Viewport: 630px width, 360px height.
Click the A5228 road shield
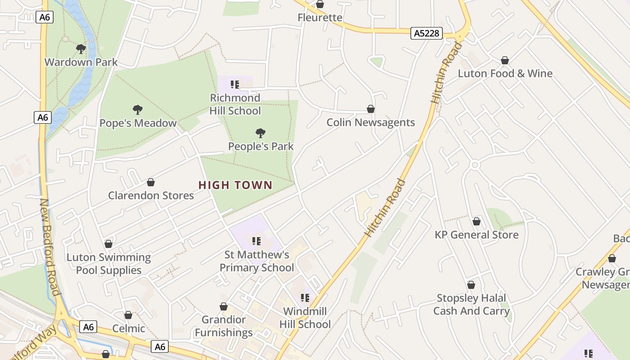point(427,33)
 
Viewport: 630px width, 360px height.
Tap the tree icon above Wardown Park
point(81,49)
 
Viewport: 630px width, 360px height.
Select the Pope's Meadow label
point(138,123)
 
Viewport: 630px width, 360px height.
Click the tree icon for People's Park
point(260,133)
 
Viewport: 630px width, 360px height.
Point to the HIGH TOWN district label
point(235,185)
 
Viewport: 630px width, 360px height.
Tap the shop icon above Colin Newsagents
point(371,109)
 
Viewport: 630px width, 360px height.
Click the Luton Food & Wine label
point(505,73)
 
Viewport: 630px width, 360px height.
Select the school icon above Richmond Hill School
point(234,84)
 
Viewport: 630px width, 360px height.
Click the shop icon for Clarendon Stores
point(151,182)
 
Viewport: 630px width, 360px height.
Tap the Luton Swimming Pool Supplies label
point(108,264)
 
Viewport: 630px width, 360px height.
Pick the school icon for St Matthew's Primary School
point(256,241)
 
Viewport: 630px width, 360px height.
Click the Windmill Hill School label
point(305,318)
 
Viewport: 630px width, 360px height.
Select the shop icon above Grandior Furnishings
point(224,306)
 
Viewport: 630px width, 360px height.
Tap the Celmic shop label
point(129,328)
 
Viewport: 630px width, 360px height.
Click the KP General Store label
point(476,234)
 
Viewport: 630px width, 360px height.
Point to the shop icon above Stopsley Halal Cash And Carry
point(471,285)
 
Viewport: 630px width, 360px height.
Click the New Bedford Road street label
point(49,247)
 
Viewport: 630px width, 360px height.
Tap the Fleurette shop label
point(320,18)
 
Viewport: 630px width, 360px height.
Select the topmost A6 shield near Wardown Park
point(44,17)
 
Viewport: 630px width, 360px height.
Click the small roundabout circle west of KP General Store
point(474,165)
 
